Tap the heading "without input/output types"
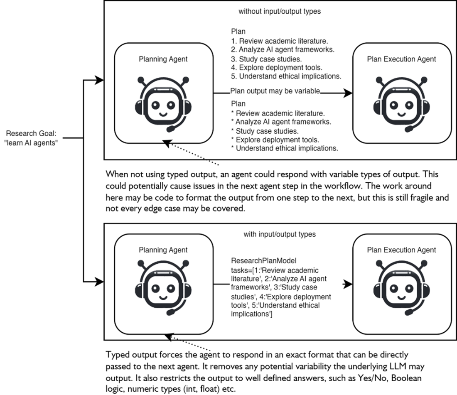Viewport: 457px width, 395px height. point(279,11)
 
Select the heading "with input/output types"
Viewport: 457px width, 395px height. point(279,234)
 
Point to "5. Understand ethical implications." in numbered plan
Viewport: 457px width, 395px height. point(286,76)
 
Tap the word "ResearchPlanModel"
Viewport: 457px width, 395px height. point(258,260)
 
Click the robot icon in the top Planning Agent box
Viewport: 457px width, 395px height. point(163,103)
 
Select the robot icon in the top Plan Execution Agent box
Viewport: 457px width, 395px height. point(401,103)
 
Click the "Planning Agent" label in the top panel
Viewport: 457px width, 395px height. point(163,59)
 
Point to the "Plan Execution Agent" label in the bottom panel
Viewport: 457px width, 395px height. point(401,250)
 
